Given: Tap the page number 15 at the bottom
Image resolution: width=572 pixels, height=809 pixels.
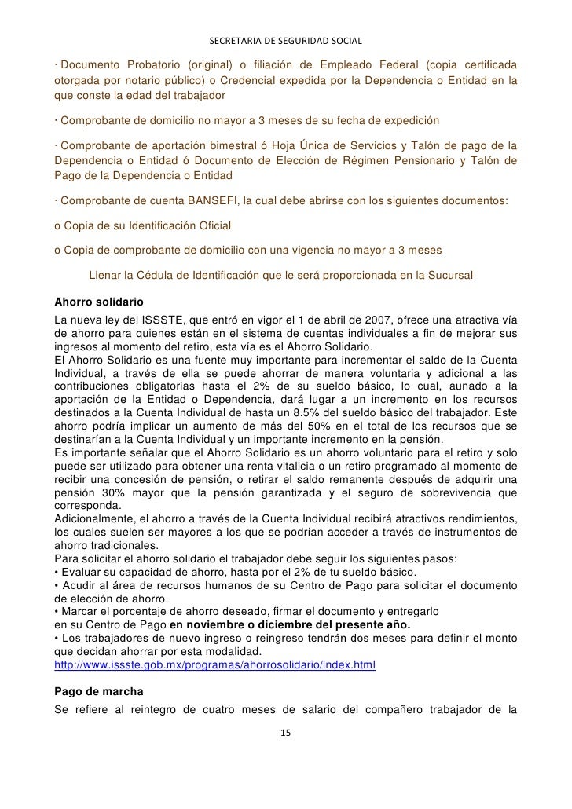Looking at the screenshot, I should coord(285,733).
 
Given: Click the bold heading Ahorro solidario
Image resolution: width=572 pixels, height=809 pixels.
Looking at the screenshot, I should coord(99,302).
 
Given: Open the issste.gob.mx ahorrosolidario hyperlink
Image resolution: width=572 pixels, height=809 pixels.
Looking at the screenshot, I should coord(215,664).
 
